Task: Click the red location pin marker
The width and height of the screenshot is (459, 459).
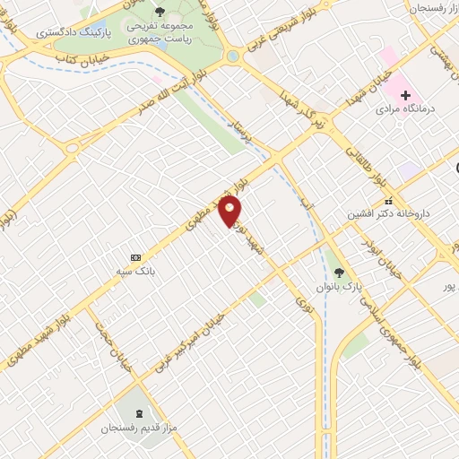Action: coord(231,212)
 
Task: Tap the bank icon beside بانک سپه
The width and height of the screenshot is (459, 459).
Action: coord(135,256)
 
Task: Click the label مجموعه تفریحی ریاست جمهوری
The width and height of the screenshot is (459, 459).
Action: coord(160,32)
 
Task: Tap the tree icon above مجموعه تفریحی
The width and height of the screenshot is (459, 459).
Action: coord(160,12)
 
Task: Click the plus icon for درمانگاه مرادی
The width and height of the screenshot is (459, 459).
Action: coord(405,94)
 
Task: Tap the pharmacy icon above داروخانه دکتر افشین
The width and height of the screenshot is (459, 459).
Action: coord(388,201)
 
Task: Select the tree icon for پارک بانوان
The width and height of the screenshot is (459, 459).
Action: coord(338,272)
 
